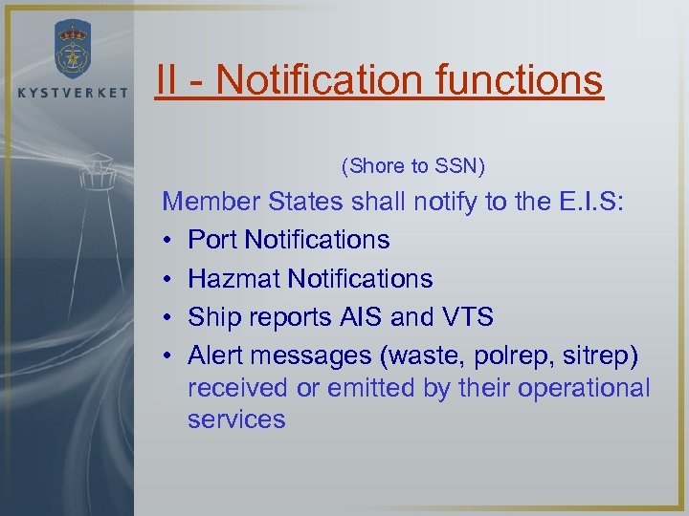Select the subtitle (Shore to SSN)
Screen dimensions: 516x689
coord(413,166)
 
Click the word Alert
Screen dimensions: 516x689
coord(217,355)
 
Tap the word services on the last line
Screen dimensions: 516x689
coord(236,419)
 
